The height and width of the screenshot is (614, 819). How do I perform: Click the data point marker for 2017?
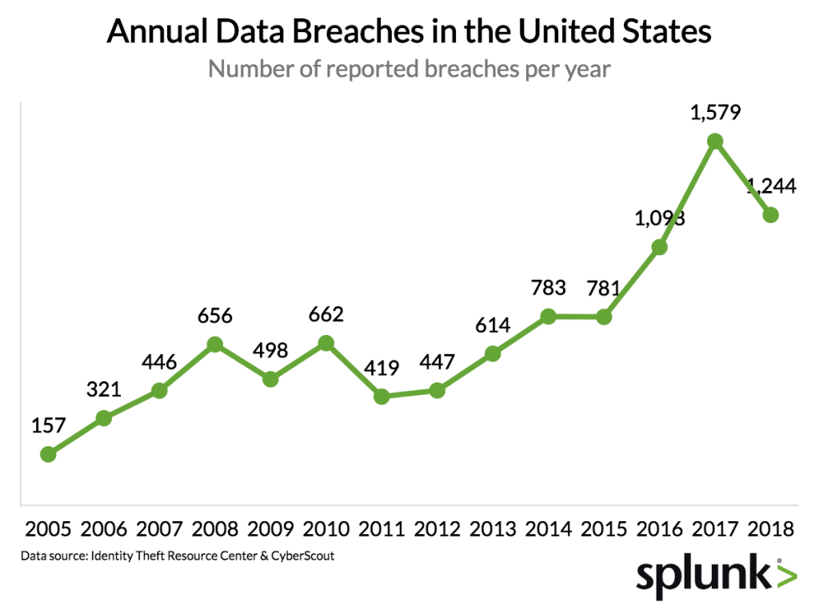click(715, 142)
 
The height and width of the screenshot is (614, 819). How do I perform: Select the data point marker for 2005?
click(48, 454)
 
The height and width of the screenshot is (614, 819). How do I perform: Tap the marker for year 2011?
click(382, 397)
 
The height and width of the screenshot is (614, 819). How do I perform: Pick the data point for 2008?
click(214, 345)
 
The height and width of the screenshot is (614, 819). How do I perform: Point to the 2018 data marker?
click(771, 214)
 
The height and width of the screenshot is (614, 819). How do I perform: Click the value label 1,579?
click(715, 111)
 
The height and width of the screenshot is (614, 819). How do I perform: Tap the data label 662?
click(326, 314)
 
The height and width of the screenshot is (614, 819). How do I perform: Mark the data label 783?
click(548, 287)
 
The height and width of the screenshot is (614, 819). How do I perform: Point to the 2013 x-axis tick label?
click(493, 529)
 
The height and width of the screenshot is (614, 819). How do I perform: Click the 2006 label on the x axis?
click(103, 529)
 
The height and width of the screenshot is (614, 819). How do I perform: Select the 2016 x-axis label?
click(659, 529)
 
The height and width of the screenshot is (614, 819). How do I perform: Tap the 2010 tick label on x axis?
click(326, 529)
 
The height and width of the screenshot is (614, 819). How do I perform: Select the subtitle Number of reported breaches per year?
click(409, 70)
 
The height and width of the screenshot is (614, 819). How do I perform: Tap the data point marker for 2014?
click(548, 317)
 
